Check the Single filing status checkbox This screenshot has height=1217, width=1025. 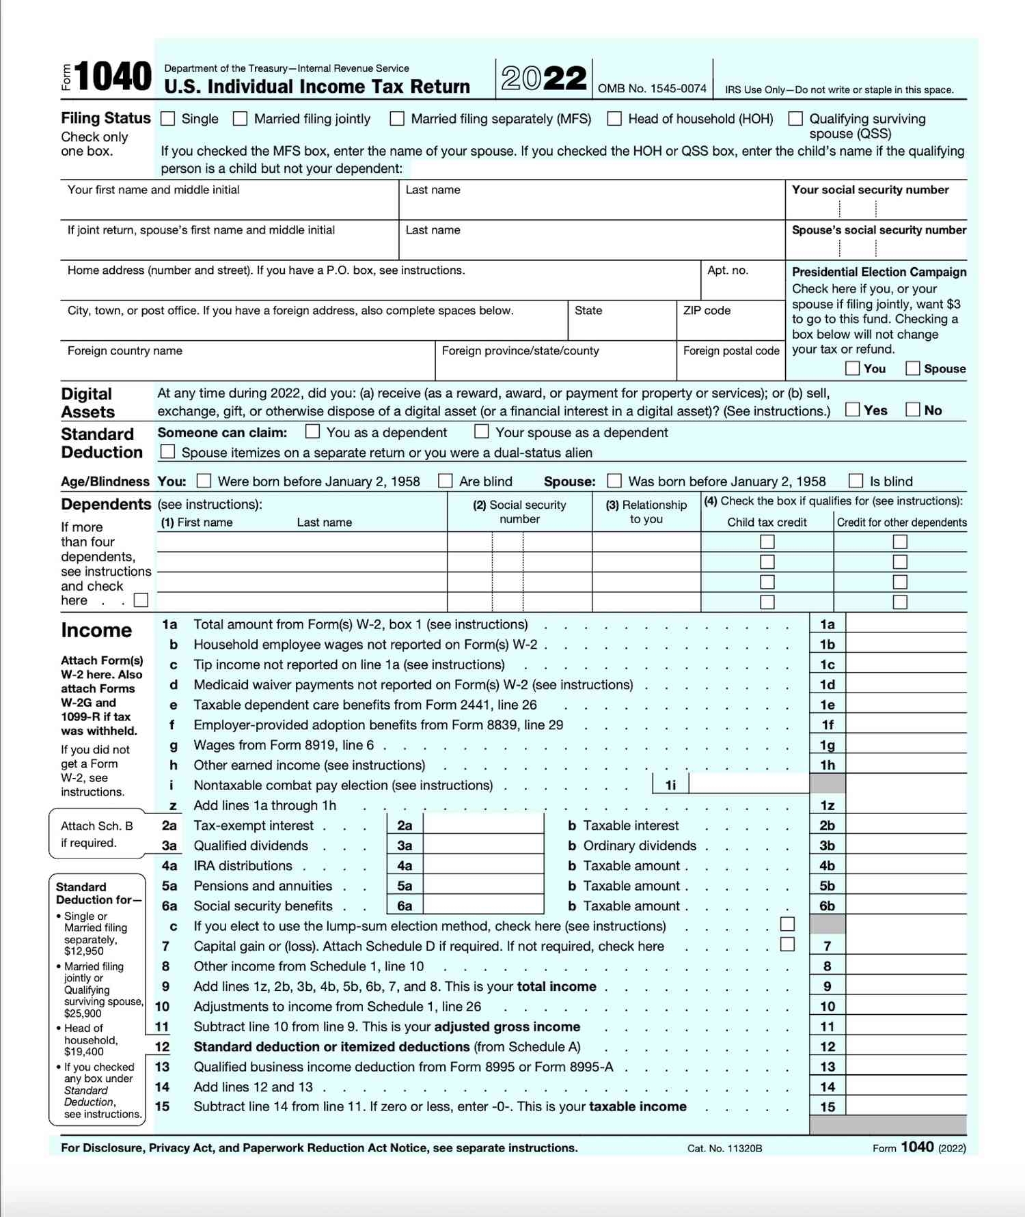167,119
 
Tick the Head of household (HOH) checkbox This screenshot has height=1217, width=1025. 614,119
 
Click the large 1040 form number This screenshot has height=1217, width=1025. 113,76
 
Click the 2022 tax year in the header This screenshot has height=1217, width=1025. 544,78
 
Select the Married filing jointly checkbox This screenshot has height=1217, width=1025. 240,119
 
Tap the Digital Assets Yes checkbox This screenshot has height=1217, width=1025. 852,410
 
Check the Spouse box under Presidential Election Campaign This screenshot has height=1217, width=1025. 912,369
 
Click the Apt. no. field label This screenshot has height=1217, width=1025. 727,270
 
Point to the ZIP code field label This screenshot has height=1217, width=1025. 707,311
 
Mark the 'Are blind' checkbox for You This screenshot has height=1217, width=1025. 446,481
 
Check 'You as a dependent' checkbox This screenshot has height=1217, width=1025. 312,432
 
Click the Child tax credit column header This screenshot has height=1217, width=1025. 767,522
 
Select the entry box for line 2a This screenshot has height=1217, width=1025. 484,825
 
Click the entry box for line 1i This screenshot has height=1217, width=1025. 748,785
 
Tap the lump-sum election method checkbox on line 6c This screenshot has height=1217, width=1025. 787,925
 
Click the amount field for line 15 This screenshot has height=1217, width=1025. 905,1106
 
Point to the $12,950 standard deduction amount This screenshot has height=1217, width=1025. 84,951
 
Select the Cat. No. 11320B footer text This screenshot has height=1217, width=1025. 724,1149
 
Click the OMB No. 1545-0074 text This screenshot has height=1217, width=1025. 652,89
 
